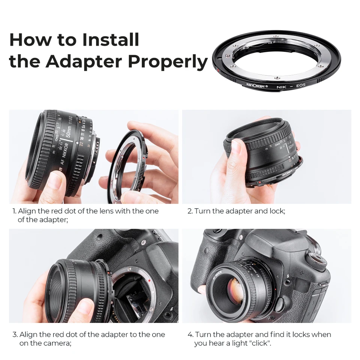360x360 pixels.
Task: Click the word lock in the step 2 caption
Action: (x=276, y=211)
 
